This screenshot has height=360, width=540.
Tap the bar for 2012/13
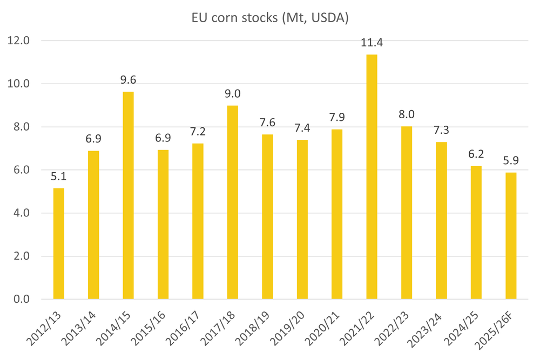58,243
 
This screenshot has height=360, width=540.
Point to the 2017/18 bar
232,202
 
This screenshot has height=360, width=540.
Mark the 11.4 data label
372,43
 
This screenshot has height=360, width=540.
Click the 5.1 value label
58,176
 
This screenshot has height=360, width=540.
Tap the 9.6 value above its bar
128,80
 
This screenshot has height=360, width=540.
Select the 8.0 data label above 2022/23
407,114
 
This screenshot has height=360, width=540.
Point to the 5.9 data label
511,160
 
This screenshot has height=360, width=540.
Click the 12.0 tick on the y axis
19,41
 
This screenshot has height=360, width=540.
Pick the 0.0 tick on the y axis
19,300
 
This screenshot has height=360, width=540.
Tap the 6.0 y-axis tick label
19,170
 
